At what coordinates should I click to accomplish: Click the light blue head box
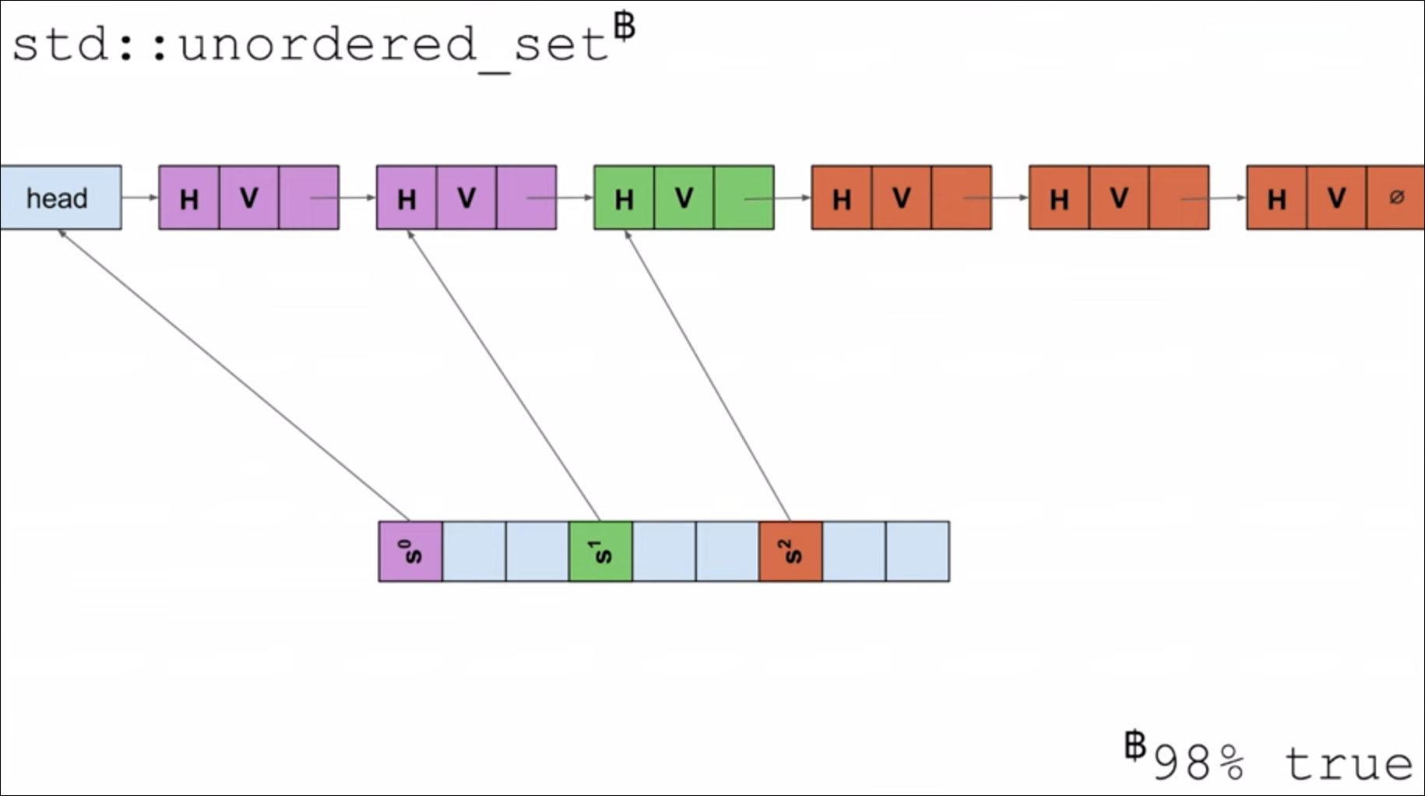pos(60,198)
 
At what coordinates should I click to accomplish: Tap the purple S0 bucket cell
pos(410,551)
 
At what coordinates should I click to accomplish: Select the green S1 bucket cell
pos(600,551)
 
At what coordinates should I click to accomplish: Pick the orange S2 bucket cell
pos(790,551)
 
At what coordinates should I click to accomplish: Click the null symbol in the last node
pos(1396,197)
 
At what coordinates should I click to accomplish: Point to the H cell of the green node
pos(624,198)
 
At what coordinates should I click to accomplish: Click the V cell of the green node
pos(684,198)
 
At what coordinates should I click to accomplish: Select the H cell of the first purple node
pos(188,198)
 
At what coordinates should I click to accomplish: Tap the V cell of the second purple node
pos(466,198)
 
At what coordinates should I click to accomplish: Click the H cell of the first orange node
pos(841,198)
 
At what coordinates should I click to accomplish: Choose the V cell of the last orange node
pos(1336,198)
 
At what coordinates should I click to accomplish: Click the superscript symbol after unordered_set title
pos(625,26)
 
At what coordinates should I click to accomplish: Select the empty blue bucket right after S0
pos(474,551)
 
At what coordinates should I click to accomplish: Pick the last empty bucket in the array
pos(917,551)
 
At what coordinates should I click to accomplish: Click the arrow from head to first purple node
pos(140,198)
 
